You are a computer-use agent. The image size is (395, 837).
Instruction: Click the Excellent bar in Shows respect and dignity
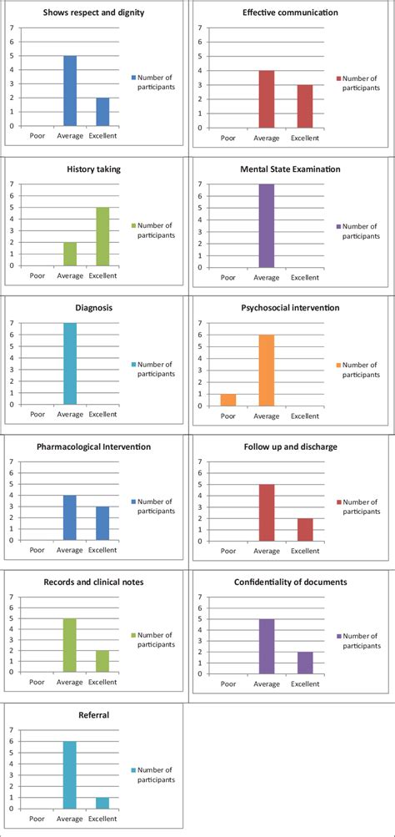pyautogui.click(x=103, y=112)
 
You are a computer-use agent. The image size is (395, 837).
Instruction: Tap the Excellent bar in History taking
pyautogui.click(x=103, y=236)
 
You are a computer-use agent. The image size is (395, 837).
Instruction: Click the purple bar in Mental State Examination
pyautogui.click(x=267, y=226)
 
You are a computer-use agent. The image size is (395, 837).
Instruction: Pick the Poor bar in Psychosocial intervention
pyautogui.click(x=228, y=400)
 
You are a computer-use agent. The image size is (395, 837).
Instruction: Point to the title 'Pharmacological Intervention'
pyautogui.click(x=93, y=446)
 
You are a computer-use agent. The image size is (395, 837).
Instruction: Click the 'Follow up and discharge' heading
pyautogui.click(x=290, y=446)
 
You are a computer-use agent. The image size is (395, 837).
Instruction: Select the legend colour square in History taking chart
pyautogui.click(x=134, y=226)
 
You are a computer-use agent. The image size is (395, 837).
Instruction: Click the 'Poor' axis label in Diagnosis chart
pyautogui.click(x=37, y=414)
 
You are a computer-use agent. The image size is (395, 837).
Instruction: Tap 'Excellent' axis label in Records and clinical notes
pyautogui.click(x=103, y=682)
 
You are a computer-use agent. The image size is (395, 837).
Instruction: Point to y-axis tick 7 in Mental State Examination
pyautogui.click(x=200, y=184)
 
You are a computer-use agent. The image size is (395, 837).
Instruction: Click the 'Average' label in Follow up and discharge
pyautogui.click(x=267, y=551)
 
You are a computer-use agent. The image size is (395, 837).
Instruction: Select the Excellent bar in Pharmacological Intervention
pyautogui.click(x=103, y=523)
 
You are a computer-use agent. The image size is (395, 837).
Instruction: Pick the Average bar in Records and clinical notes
pyautogui.click(x=70, y=645)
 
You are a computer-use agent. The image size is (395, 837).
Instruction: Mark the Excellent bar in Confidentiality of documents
pyautogui.click(x=305, y=663)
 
